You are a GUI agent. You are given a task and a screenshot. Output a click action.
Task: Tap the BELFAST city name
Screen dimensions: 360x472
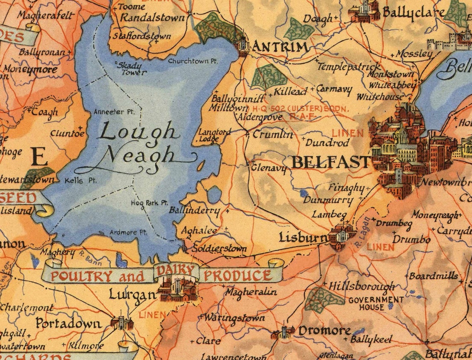[330, 162]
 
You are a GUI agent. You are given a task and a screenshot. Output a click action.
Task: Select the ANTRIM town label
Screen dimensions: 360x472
[280, 47]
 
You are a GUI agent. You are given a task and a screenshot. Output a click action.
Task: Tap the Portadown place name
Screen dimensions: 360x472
[68, 323]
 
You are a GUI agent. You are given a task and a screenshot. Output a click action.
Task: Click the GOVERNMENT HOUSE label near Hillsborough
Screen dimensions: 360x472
[370, 303]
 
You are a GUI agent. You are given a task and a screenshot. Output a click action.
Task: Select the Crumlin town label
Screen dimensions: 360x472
[272, 134]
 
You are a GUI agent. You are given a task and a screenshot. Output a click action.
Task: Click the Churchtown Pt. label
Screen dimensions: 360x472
[193, 61]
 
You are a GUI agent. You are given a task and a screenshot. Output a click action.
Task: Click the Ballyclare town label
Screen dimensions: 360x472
[414, 12]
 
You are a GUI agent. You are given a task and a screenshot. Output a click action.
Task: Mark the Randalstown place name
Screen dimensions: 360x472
[152, 18]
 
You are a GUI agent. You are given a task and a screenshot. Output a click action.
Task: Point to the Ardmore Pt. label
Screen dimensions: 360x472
[128, 233]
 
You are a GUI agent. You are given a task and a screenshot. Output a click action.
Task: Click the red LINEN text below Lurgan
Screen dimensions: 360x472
[152, 315]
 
